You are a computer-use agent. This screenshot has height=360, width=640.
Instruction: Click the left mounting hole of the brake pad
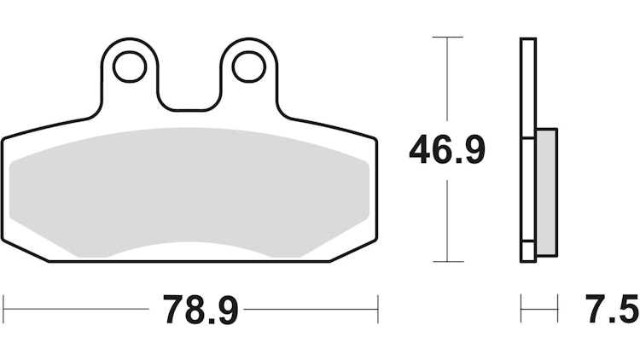tap(130, 67)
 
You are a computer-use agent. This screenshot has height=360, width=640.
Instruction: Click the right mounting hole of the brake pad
tap(249, 67)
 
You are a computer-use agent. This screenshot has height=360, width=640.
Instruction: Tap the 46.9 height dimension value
tap(447, 150)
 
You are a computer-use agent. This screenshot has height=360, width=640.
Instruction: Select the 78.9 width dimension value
tap(201, 309)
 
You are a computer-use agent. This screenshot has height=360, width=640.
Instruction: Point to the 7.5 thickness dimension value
tap(612, 309)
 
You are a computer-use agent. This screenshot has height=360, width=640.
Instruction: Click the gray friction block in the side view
tap(547, 192)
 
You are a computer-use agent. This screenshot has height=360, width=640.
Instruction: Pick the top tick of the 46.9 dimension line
tap(448, 38)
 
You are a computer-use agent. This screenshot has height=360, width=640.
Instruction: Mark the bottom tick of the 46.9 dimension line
tap(448, 261)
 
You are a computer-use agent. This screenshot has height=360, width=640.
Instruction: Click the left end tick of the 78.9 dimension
tap(3, 309)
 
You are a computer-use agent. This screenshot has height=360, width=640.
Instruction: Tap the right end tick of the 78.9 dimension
tap(378, 309)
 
